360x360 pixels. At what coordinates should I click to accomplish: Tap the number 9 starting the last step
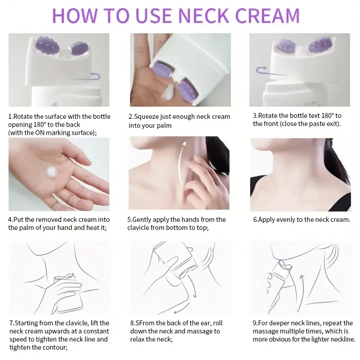tap(254, 323)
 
